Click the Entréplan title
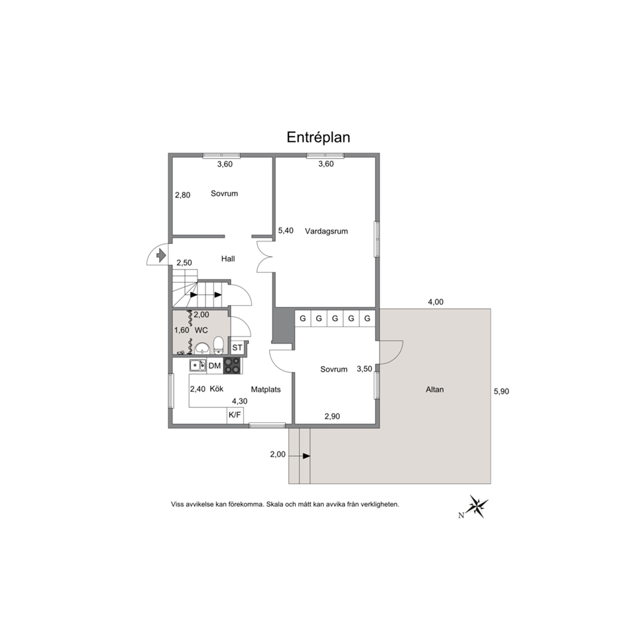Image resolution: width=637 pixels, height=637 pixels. pyautogui.click(x=318, y=137)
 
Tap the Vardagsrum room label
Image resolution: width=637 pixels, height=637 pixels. pyautogui.click(x=326, y=231)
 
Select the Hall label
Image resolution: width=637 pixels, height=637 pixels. pyautogui.click(x=228, y=258)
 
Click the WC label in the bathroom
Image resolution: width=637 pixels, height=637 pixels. pyautogui.click(x=201, y=330)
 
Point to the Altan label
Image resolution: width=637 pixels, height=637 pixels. pyautogui.click(x=435, y=389)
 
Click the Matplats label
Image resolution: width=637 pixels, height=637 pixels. pyautogui.click(x=266, y=389)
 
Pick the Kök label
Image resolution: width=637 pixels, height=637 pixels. pyautogui.click(x=216, y=388)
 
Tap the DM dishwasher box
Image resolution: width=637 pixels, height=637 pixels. pyautogui.click(x=214, y=365)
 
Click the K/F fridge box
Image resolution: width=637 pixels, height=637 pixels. pyautogui.click(x=235, y=415)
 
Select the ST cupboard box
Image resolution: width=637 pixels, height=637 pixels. pyautogui.click(x=237, y=347)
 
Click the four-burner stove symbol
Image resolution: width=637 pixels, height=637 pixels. pyautogui.click(x=232, y=365)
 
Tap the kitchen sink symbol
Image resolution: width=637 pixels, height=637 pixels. pyautogui.click(x=198, y=365)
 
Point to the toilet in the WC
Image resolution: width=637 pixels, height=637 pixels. pyautogui.click(x=218, y=345)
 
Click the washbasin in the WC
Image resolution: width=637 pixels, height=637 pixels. pyautogui.click(x=202, y=349)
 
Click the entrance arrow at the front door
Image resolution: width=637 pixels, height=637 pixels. pyautogui.click(x=161, y=256)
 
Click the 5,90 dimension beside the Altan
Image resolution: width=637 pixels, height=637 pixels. pyautogui.click(x=502, y=391)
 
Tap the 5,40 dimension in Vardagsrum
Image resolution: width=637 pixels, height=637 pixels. pyautogui.click(x=286, y=231)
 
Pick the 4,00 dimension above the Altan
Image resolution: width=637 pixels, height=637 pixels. pyautogui.click(x=435, y=302)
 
